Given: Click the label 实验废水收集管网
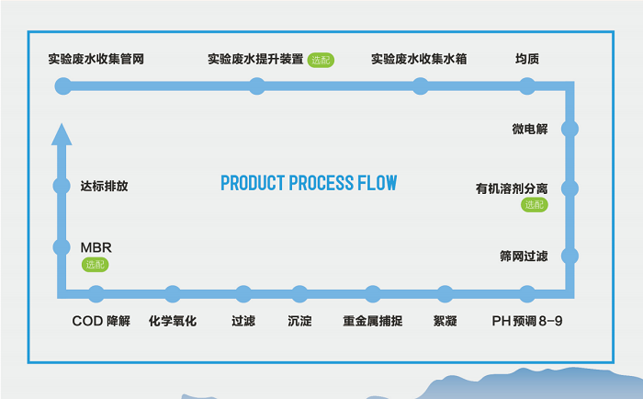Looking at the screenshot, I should point(96,60).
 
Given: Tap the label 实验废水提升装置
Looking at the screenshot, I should point(255,60).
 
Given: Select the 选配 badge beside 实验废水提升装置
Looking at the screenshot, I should point(321,61).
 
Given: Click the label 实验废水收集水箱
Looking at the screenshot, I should point(419,60).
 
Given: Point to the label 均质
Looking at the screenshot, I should point(527,60).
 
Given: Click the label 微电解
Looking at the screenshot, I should point(530,129).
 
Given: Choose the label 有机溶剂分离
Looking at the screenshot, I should point(512,189).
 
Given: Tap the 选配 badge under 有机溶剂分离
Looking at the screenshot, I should point(534,205).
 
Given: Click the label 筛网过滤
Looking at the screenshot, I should point(524,256).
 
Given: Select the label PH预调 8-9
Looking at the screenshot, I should point(528,322).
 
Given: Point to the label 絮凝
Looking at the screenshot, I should point(446,322).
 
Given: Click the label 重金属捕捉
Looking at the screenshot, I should point(373,322).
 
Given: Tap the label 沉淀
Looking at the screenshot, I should point(299,322).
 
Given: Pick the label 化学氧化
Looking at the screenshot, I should point(173,322).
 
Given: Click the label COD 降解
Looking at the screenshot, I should point(102,322).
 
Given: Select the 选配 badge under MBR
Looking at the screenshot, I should point(96,265).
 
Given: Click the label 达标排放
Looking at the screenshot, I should point(104,186).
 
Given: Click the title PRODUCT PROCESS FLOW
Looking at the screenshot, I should point(309,182).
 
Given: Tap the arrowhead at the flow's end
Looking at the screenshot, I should point(62,134).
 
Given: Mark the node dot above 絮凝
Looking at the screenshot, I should point(446,294).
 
